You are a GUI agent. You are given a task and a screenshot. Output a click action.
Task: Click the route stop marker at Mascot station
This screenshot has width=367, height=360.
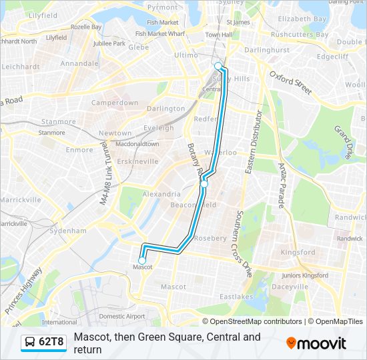coord(142,260)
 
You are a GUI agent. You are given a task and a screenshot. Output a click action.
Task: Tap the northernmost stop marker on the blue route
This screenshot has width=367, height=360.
coord(218,65)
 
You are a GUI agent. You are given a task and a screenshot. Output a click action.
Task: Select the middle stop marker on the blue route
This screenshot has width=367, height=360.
coord(204,183)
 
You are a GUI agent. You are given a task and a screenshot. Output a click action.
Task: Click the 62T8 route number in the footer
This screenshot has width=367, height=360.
coord(51,342)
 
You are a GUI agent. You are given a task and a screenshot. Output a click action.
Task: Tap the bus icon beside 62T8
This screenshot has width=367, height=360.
coord(31,342)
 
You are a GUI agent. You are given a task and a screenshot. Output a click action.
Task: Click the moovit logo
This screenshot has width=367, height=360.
coord(316,343)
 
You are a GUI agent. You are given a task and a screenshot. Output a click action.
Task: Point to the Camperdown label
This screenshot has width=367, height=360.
coord(114,103)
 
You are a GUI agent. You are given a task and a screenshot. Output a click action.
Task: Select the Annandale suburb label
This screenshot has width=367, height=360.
coord(79,64)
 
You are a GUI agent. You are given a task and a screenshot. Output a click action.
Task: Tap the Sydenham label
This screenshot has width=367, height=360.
coord(68,231)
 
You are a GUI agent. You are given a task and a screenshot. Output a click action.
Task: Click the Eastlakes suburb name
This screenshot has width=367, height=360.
coord(237,297)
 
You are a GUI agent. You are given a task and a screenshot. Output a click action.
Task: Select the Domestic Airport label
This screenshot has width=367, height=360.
coord(121,316)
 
